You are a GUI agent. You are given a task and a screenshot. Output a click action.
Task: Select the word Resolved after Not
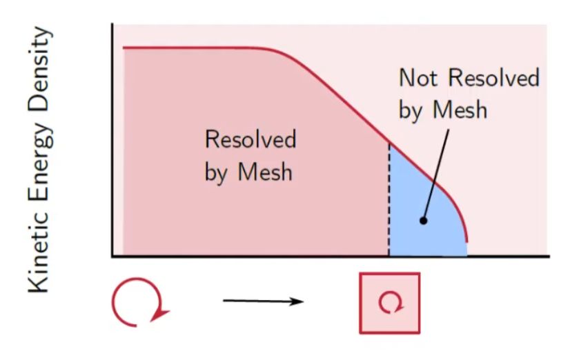(x=493, y=78)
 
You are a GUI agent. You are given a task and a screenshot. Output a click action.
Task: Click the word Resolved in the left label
(x=250, y=140)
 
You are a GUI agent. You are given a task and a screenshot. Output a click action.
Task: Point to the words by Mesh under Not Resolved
(x=442, y=110)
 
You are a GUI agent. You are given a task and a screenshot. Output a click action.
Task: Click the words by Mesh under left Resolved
(x=248, y=172)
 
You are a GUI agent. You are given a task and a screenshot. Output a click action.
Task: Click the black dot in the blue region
(x=423, y=221)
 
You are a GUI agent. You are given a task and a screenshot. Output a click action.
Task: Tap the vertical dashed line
(x=389, y=200)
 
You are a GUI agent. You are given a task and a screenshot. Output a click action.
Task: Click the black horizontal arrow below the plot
(x=262, y=301)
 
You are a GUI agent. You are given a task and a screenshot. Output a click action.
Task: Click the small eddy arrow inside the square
(x=390, y=301)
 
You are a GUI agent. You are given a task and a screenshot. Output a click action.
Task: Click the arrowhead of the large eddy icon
(x=161, y=314)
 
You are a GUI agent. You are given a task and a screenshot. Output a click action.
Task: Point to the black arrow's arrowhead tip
(x=303, y=301)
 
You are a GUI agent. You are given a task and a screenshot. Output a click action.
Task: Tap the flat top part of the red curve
(x=193, y=48)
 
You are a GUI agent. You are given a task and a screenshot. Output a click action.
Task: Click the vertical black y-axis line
(x=112, y=138)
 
